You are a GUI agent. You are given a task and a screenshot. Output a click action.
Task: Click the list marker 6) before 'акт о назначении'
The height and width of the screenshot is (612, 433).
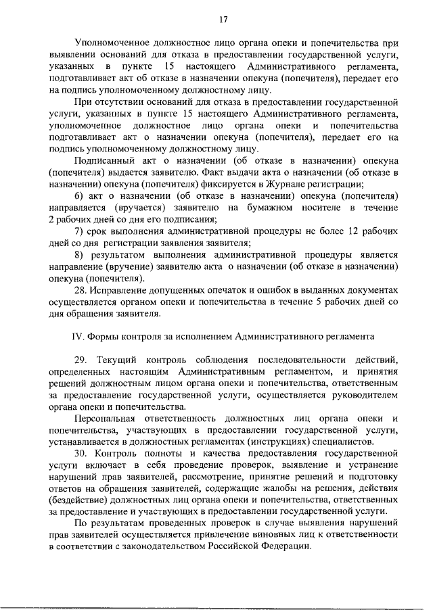pos(79,195)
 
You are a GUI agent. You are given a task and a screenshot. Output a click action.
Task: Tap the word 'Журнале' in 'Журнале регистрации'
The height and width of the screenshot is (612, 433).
pos(281,184)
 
